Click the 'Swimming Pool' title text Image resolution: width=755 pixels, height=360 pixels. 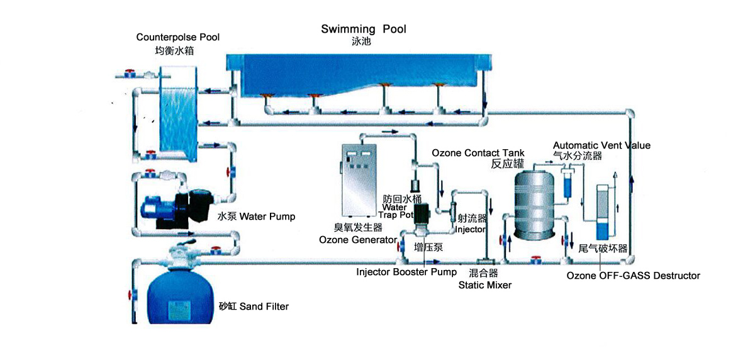(364, 29)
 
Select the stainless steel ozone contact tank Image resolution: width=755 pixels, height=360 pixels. (534, 201)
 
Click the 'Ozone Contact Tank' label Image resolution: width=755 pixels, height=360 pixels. (478, 153)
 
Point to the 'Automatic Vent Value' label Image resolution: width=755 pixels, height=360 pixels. (601, 145)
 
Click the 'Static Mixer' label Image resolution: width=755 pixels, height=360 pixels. (484, 285)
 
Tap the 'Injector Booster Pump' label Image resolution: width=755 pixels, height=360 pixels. (406, 272)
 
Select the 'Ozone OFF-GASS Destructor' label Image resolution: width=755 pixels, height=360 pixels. (633, 275)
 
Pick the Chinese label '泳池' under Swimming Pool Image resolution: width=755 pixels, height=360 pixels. (363, 42)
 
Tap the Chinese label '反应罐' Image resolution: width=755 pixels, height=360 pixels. (507, 164)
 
